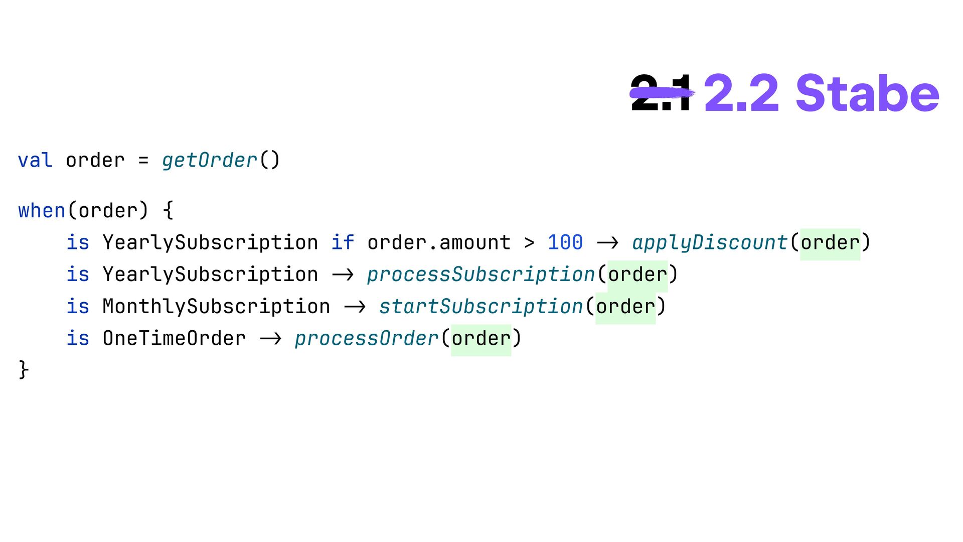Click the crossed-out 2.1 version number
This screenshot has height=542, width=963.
pos(661,93)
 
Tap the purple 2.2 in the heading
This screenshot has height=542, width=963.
pos(741,93)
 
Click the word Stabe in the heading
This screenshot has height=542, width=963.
pos(867,93)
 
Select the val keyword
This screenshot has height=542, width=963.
pos(35,161)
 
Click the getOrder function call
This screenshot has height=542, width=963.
pos(210,161)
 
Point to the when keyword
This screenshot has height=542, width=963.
pos(42,211)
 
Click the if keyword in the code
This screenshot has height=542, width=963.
pos(343,243)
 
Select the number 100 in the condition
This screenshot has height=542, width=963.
pos(565,243)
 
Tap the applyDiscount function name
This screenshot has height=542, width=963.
pos(709,243)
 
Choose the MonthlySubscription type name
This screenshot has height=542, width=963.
pos(216,307)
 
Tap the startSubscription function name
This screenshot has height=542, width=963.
pos(480,307)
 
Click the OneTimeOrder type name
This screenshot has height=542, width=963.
pos(174,339)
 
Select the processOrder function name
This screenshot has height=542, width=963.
pos(366,339)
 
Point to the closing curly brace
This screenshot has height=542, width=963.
pos(23,370)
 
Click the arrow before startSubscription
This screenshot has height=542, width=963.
pos(355,307)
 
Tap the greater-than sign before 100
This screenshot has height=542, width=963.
pos(529,243)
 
